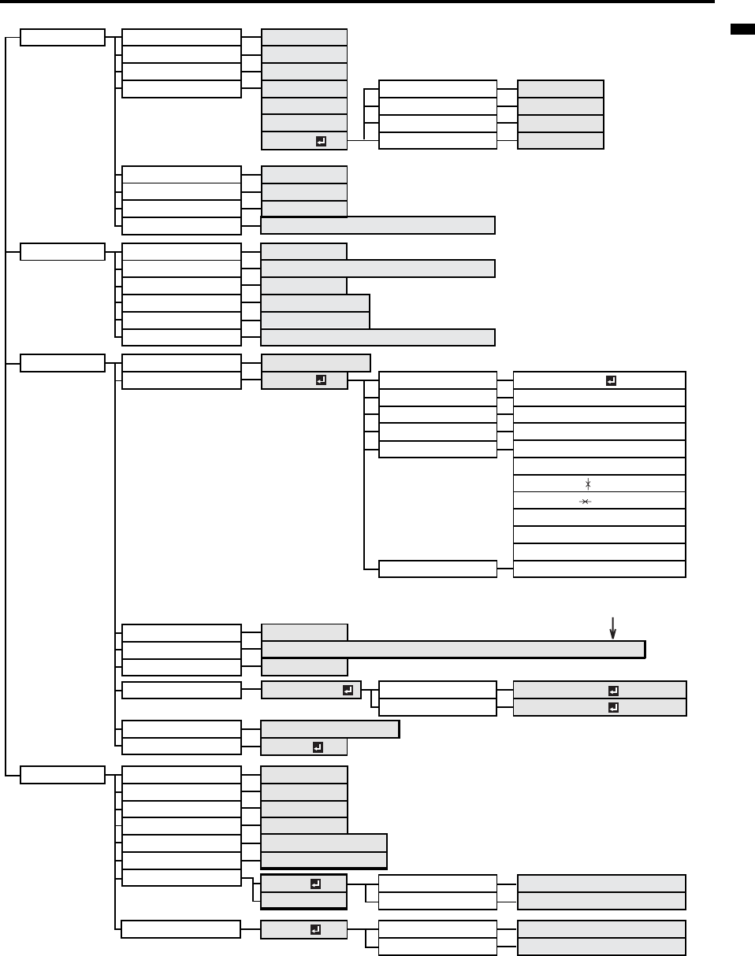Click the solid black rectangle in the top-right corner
point(742,30)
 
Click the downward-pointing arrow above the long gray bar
point(613,628)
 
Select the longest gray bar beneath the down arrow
point(452,649)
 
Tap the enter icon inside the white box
point(612,380)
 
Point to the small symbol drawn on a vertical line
point(587,484)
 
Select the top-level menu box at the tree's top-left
point(62,38)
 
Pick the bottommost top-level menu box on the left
point(62,775)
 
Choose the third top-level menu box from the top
point(62,363)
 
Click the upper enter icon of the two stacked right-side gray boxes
point(613,690)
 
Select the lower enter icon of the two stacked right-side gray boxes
point(613,707)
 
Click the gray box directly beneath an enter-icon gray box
point(303,900)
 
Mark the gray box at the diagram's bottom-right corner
point(601,946)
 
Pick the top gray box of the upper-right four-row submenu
point(560,88)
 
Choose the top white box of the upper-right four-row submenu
point(437,88)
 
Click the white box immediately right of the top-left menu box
point(181,38)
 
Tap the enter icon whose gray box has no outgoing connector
point(318,747)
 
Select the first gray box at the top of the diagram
point(303,37)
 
